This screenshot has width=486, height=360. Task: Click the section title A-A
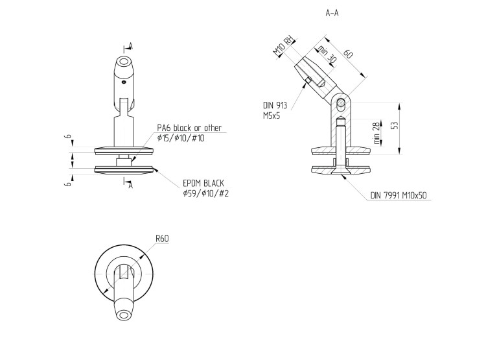[x=332, y=13]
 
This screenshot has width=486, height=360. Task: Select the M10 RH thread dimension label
[x=283, y=46]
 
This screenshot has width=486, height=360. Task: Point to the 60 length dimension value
[x=348, y=53]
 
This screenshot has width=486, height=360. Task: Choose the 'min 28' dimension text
[x=376, y=133]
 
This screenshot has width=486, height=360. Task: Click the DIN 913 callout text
[x=275, y=106]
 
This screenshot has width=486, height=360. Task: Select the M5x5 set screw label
[x=272, y=115]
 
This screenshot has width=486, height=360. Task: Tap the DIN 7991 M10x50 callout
[x=399, y=195]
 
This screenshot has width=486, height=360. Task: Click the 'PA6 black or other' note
[x=189, y=128]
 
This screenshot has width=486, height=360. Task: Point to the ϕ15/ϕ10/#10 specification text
[x=181, y=138]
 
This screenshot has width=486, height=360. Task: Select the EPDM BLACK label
[x=203, y=183]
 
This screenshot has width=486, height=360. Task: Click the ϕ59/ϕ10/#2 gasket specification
[x=205, y=194]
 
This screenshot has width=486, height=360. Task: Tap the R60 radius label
[x=162, y=239]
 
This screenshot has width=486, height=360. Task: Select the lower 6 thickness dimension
[x=69, y=184]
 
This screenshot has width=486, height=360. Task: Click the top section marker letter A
[x=131, y=46]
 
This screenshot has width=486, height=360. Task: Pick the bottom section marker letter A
[x=130, y=186]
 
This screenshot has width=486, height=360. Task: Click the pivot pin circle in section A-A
[x=341, y=102]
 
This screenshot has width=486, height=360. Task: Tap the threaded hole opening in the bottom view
[x=124, y=315]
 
